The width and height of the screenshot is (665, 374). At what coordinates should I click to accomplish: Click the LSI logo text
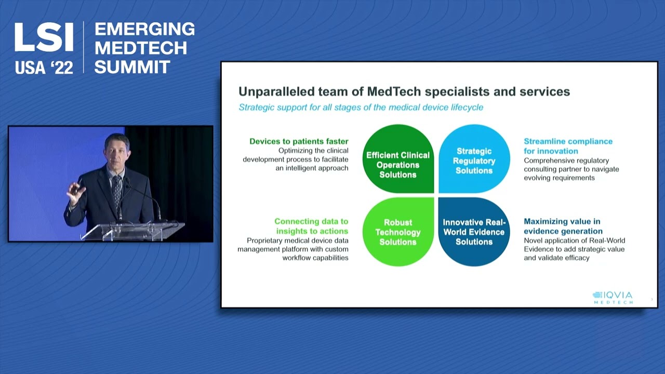pos(44,37)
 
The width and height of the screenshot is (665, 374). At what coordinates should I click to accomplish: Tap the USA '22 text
pos(44,68)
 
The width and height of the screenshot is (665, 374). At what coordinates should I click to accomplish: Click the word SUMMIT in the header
pos(132,67)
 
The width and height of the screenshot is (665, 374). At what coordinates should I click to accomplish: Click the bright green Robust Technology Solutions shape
pos(398,232)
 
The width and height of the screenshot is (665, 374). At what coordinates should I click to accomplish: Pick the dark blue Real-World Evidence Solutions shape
pos(474,232)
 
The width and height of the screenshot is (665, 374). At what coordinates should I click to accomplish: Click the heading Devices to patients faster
pos(299,141)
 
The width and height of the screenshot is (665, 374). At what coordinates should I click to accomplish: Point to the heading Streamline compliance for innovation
pos(568,146)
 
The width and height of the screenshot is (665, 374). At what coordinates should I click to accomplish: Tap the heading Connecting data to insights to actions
pos(311,226)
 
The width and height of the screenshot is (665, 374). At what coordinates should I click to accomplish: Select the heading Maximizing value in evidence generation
pos(563,226)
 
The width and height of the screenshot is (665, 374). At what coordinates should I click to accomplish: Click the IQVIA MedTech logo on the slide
pos(613,297)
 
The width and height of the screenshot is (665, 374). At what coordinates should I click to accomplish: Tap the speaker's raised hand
pos(76,194)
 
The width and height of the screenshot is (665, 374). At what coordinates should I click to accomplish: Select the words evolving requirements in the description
pos(559,178)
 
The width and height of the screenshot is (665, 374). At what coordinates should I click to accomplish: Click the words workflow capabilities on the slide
pos(315,258)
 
